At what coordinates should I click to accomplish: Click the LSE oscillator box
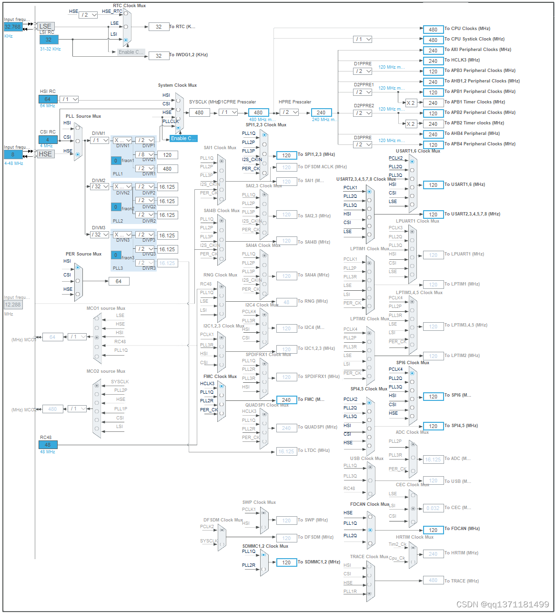(46, 26)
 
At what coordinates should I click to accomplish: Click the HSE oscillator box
(46, 154)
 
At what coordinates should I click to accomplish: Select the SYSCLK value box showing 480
(199, 112)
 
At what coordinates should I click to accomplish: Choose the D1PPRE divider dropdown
(363, 71)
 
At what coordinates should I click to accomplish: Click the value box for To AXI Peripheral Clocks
(433, 50)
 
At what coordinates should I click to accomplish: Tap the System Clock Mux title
(177, 85)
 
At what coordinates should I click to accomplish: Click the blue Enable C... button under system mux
(183, 138)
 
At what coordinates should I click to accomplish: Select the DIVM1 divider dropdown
(100, 140)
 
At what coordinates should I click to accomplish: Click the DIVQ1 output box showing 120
(167, 155)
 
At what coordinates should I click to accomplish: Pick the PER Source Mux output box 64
(119, 281)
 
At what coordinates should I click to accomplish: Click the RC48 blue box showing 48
(48, 445)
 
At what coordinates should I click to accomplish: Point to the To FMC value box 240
(286, 400)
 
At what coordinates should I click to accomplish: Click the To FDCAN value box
(433, 530)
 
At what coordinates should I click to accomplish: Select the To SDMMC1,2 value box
(286, 562)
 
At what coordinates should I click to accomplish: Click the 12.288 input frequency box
(13, 305)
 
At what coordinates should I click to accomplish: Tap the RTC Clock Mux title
(129, 6)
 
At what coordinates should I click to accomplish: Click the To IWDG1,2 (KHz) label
(189, 55)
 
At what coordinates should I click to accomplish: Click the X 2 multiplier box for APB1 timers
(410, 102)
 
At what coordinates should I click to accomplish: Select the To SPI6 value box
(433, 396)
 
